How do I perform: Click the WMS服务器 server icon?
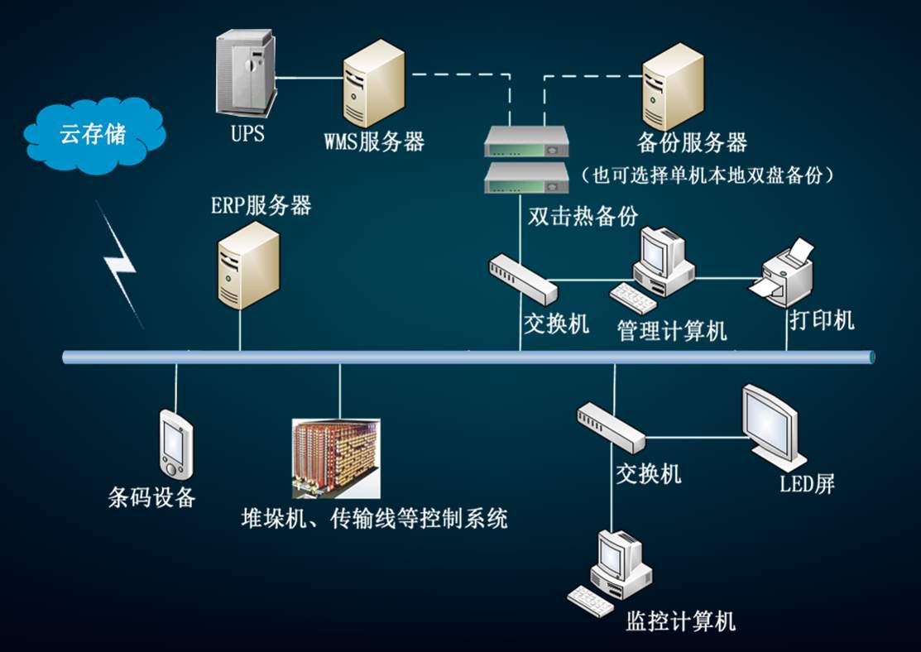(x=374, y=83)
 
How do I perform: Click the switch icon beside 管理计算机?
(x=523, y=278)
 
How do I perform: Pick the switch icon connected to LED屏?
(x=612, y=426)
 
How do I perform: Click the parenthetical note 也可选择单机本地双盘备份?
(x=707, y=175)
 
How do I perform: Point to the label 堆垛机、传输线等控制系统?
(x=373, y=519)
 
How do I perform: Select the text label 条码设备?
(x=151, y=496)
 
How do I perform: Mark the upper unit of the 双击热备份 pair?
(x=526, y=141)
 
